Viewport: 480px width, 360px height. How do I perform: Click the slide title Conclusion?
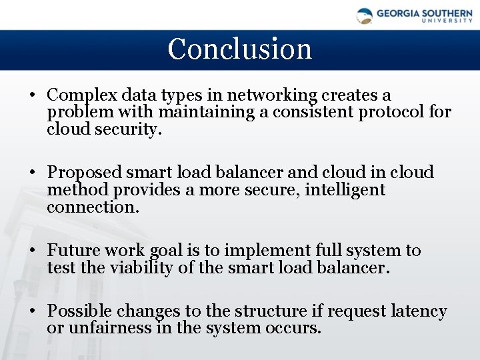(x=239, y=49)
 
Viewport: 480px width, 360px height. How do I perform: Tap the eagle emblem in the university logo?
(x=365, y=16)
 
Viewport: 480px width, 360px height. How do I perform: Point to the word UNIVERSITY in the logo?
(x=447, y=21)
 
